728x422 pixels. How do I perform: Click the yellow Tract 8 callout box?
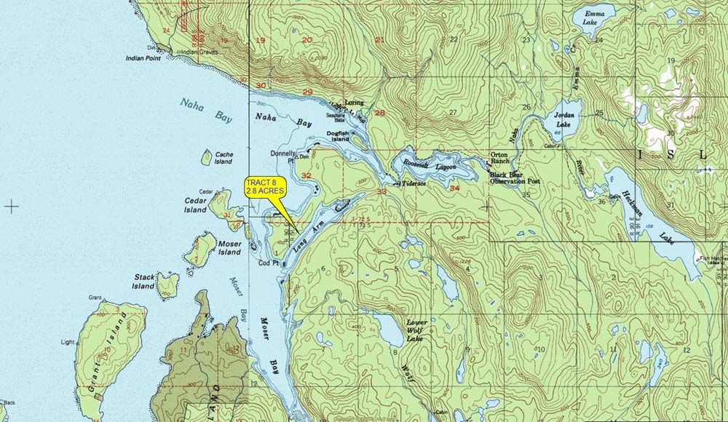(265, 186)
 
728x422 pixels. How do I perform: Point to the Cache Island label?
(223, 158)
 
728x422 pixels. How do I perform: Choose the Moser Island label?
(229, 248)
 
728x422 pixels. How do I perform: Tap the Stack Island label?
(143, 282)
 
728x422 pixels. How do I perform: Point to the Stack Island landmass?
(167, 284)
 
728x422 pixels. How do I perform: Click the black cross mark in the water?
(12, 206)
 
